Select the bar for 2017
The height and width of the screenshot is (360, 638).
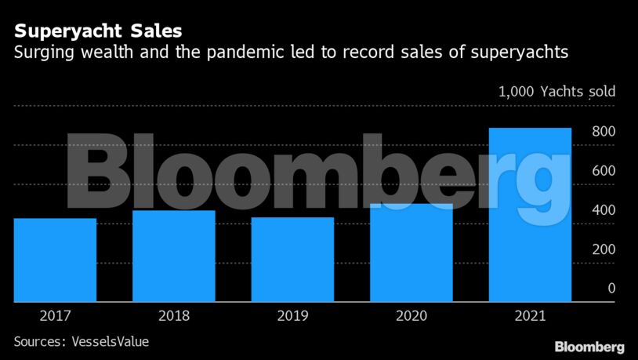[55, 260]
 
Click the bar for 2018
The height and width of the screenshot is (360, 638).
[174, 256]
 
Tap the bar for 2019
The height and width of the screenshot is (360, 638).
[292, 260]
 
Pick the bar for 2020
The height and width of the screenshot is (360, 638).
[411, 253]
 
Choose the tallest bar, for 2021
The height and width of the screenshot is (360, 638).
[530, 215]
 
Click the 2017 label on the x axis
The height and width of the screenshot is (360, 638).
[55, 317]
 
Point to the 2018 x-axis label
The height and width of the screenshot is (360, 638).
[174, 317]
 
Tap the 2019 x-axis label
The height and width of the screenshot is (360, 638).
[292, 317]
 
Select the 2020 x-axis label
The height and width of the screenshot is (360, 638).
[411, 317]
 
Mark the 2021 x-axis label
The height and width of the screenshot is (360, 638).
[530, 317]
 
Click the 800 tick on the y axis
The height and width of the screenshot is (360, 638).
[603, 132]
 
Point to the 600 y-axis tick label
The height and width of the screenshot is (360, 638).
[603, 171]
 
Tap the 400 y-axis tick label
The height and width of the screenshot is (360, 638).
[603, 210]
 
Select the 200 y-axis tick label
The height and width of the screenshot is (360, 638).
[603, 249]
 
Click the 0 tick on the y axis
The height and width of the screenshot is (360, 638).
[611, 289]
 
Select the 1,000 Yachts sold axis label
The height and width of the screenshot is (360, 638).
[556, 92]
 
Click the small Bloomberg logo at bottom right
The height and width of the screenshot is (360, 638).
[589, 347]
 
